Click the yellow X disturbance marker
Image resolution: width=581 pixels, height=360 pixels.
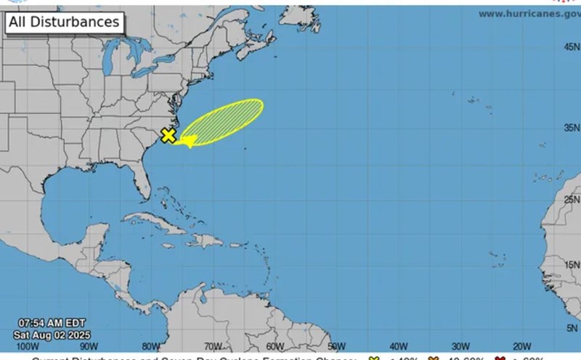(x=168, y=135)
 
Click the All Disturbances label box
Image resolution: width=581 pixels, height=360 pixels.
(x=64, y=22)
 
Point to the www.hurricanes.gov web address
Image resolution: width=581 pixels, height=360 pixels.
(x=529, y=14)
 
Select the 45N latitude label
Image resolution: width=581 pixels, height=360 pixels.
(x=571, y=46)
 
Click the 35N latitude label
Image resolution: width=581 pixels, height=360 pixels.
(x=571, y=128)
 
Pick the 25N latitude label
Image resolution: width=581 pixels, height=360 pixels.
(x=571, y=200)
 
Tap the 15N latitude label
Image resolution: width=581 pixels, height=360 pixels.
(x=571, y=266)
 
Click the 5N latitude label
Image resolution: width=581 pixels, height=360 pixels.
(x=572, y=327)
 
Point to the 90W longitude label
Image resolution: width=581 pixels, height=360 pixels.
(x=91, y=347)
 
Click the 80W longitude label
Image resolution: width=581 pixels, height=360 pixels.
(x=151, y=347)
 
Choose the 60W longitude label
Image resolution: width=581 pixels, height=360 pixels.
(x=275, y=347)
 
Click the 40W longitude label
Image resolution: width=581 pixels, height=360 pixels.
(x=397, y=347)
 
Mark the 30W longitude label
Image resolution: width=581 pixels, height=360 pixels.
(x=459, y=347)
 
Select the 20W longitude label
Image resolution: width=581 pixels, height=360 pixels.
(x=521, y=347)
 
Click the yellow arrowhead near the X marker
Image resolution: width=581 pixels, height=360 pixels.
(x=188, y=141)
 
